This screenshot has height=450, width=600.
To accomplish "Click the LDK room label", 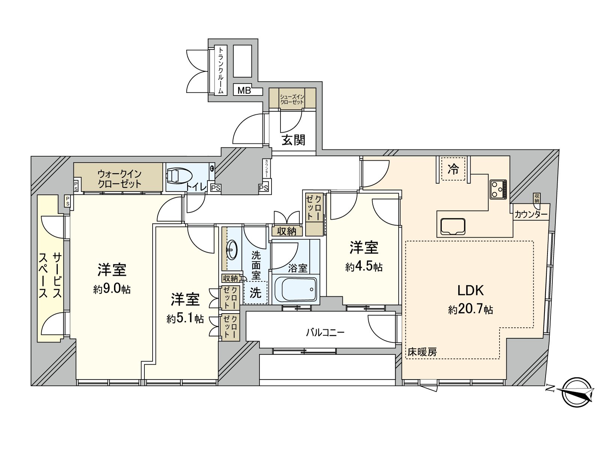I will [x=470, y=290].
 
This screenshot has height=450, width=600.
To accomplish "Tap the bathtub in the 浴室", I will [x=295, y=289].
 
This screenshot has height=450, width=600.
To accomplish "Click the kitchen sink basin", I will [x=453, y=226].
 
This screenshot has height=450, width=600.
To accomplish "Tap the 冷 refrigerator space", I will [x=453, y=169].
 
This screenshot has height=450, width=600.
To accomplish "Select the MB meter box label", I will [x=244, y=90].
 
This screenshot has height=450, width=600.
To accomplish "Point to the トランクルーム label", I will [x=221, y=70].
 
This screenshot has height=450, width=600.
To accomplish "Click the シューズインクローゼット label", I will [x=292, y=99].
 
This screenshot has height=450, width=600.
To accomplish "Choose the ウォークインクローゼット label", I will [x=119, y=179].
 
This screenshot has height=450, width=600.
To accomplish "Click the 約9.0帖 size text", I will [x=112, y=289].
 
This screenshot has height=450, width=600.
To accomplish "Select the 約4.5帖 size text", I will [x=364, y=267].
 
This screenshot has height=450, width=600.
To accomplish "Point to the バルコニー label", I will [x=325, y=332].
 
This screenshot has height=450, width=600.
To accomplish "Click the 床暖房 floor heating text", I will [x=422, y=352].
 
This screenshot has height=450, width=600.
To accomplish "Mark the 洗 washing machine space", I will [x=255, y=293].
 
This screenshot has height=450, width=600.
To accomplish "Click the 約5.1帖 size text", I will [x=185, y=319].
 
